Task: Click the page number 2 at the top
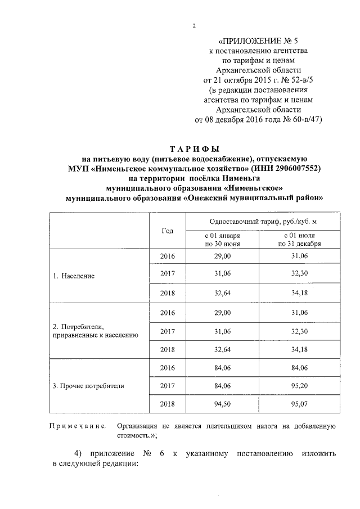point(193,25)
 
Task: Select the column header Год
point(167,231)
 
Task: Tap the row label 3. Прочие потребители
point(88,386)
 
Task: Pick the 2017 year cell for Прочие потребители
point(167,386)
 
